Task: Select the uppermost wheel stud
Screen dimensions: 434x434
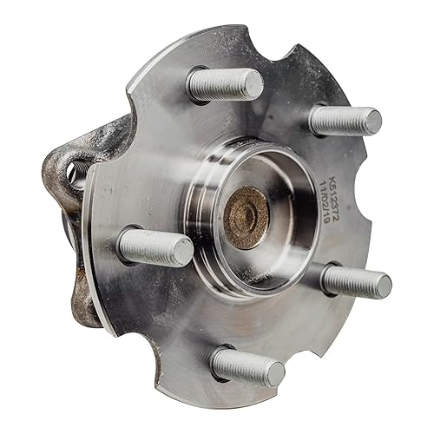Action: coord(226,84)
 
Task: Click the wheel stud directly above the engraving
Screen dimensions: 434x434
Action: coord(345,120)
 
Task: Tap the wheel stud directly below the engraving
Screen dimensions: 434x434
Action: coord(356,281)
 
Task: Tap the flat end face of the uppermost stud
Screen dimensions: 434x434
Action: coord(253,85)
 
